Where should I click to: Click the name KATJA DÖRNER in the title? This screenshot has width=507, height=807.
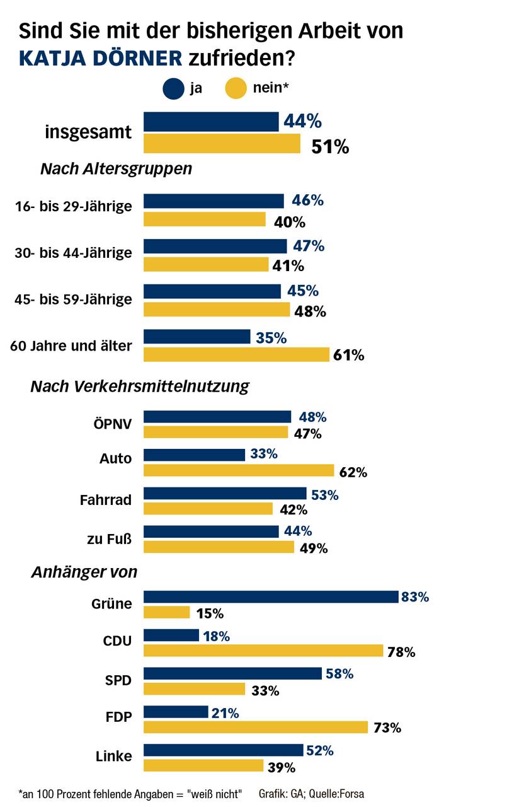tap(101, 58)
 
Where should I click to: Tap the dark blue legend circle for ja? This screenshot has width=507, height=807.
tap(173, 88)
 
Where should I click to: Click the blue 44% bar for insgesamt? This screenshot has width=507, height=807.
tap(211, 122)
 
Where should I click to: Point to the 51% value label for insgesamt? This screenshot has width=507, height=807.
tap(330, 147)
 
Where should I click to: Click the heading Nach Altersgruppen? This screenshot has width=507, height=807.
tap(116, 169)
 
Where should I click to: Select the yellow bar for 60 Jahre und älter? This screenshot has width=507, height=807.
tap(236, 354)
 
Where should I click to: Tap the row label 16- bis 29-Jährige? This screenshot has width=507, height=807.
tap(73, 206)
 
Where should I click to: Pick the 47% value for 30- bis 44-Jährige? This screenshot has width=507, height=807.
tap(308, 246)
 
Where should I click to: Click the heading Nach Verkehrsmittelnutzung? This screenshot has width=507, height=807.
tap(140, 386)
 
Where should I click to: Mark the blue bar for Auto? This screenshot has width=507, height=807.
tap(195, 455)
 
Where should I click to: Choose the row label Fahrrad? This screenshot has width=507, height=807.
tap(106, 500)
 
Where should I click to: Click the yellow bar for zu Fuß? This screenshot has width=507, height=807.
tap(219, 547)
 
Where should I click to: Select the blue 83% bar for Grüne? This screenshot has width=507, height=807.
tap(271, 597)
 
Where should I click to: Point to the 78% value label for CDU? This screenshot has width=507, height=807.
tap(401, 652)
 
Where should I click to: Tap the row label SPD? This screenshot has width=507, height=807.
tap(118, 680)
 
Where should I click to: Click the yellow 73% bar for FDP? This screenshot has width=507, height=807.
tap(256, 728)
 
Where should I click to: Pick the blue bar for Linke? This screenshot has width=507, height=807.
tap(224, 750)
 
